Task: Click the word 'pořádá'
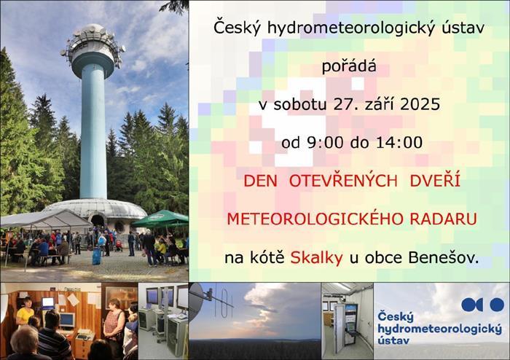[349, 66]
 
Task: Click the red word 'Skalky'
[316, 258]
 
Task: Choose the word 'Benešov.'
[444, 258]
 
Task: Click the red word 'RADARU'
[443, 219]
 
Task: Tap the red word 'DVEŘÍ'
[435, 180]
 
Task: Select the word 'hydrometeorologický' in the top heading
[351, 28]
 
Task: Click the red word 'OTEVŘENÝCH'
[343, 180]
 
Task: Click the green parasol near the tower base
[161, 219]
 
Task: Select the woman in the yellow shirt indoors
[25, 312]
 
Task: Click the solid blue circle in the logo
[497, 305]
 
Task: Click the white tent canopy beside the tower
[46, 219]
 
